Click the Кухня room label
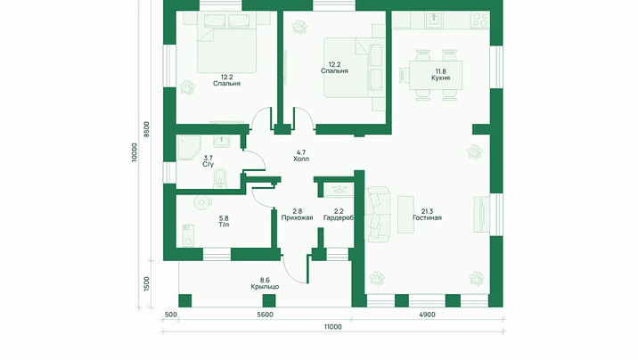441,78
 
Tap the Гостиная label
427,217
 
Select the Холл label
301,159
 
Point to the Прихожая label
297,217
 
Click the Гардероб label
339,217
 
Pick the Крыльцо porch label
265,287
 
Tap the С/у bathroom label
208,164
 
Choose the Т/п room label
224,225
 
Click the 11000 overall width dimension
333,327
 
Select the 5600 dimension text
265,315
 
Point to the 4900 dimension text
427,315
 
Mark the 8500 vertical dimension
146,129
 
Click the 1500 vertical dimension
146,284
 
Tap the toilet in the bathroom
220,179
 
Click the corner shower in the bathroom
189,148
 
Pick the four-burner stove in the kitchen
480,20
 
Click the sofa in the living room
377,215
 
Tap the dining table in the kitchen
436,76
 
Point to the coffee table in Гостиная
405,215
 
